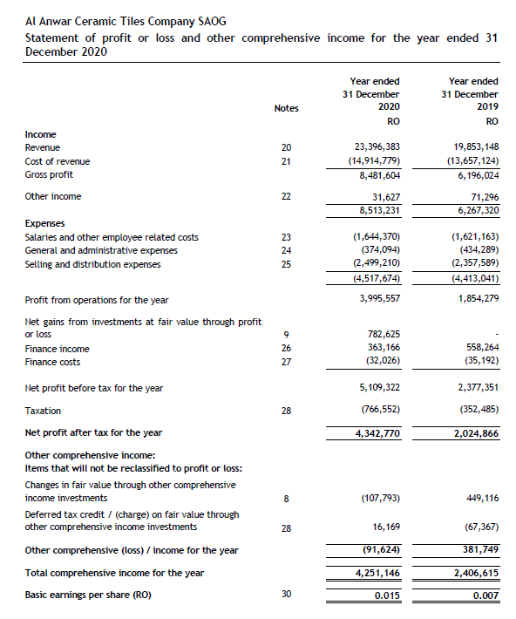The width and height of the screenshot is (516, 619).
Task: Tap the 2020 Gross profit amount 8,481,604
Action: point(376,174)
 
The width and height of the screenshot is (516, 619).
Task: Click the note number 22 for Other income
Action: point(286,196)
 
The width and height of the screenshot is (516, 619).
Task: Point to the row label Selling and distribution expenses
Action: point(92,264)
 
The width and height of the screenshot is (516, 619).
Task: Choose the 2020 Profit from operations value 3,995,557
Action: point(376,300)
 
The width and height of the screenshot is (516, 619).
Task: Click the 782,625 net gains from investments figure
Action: point(381,335)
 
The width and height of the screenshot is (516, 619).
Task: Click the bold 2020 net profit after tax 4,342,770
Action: point(376,432)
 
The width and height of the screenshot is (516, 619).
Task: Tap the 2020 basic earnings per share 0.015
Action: point(386,595)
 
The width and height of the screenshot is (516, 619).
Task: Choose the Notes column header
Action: point(286,108)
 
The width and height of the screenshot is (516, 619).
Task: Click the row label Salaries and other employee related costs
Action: point(112,237)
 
